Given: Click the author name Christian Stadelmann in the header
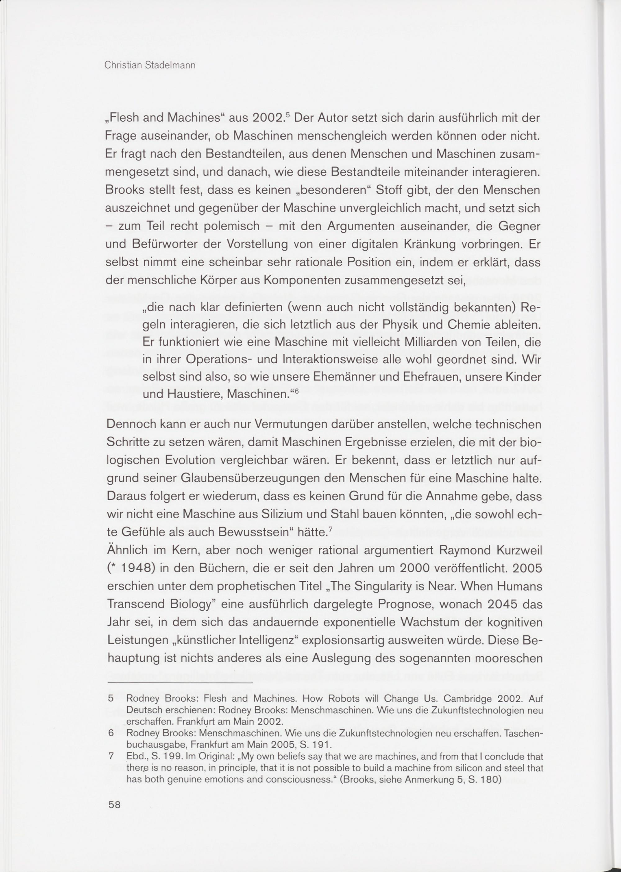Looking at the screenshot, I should coord(150,65).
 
